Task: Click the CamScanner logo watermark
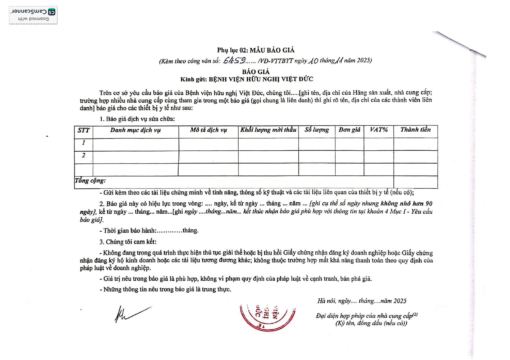click(x=33, y=15)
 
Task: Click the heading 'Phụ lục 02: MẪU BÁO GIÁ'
click(x=256, y=50)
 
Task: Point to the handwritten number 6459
click(x=235, y=60)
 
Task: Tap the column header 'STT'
click(x=84, y=130)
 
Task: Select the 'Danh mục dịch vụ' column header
click(x=135, y=130)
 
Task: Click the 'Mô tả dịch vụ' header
click(x=208, y=130)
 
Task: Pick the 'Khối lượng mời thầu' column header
click(x=268, y=130)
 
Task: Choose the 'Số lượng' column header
click(x=317, y=130)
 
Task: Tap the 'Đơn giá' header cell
click(x=349, y=130)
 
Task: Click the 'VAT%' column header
click(x=379, y=130)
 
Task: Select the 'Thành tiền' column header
click(x=416, y=129)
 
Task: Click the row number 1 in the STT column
click(x=84, y=143)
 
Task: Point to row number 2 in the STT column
click(x=84, y=155)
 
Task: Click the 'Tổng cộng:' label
click(x=90, y=181)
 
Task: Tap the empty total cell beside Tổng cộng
click(x=416, y=182)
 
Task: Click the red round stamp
click(x=267, y=317)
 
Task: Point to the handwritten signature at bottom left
click(x=131, y=314)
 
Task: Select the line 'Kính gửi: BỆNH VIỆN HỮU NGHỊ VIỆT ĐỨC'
click(x=247, y=79)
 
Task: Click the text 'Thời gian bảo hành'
click(x=130, y=231)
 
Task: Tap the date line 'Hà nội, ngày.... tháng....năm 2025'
click(x=362, y=301)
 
